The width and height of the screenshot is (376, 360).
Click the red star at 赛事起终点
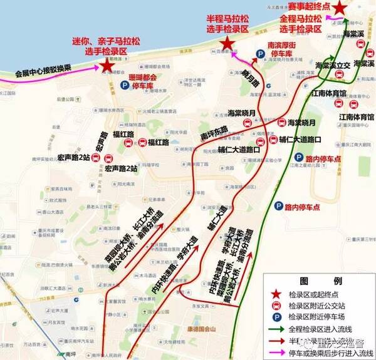click(x=339, y=8)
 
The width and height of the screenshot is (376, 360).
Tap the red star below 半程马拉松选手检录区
click(x=227, y=43)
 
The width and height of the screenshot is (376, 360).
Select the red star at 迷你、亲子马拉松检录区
click(x=107, y=64)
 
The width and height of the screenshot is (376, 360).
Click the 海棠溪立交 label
click(x=332, y=65)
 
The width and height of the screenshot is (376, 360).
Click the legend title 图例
click(x=311, y=280)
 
